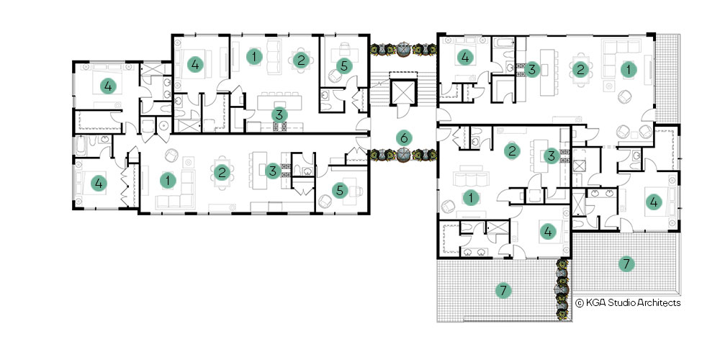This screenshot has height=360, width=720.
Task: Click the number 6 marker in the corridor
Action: tap(404, 138)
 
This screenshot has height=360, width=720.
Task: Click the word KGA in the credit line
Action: tap(595, 302)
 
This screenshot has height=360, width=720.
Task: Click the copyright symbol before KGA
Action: tap(580, 302)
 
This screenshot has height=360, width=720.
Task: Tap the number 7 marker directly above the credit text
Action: tap(626, 264)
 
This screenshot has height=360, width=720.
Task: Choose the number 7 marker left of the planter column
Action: tap(503, 289)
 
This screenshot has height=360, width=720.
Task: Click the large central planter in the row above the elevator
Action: tap(403, 49)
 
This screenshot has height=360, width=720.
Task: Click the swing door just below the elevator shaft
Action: tap(402, 110)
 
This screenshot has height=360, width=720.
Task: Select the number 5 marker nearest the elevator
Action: tap(344, 66)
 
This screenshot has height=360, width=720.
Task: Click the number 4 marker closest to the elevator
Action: tap(464, 58)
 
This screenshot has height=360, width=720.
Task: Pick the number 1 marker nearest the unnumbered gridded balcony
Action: tap(626, 69)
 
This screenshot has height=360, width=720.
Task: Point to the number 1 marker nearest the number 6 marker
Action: tap(470, 198)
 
